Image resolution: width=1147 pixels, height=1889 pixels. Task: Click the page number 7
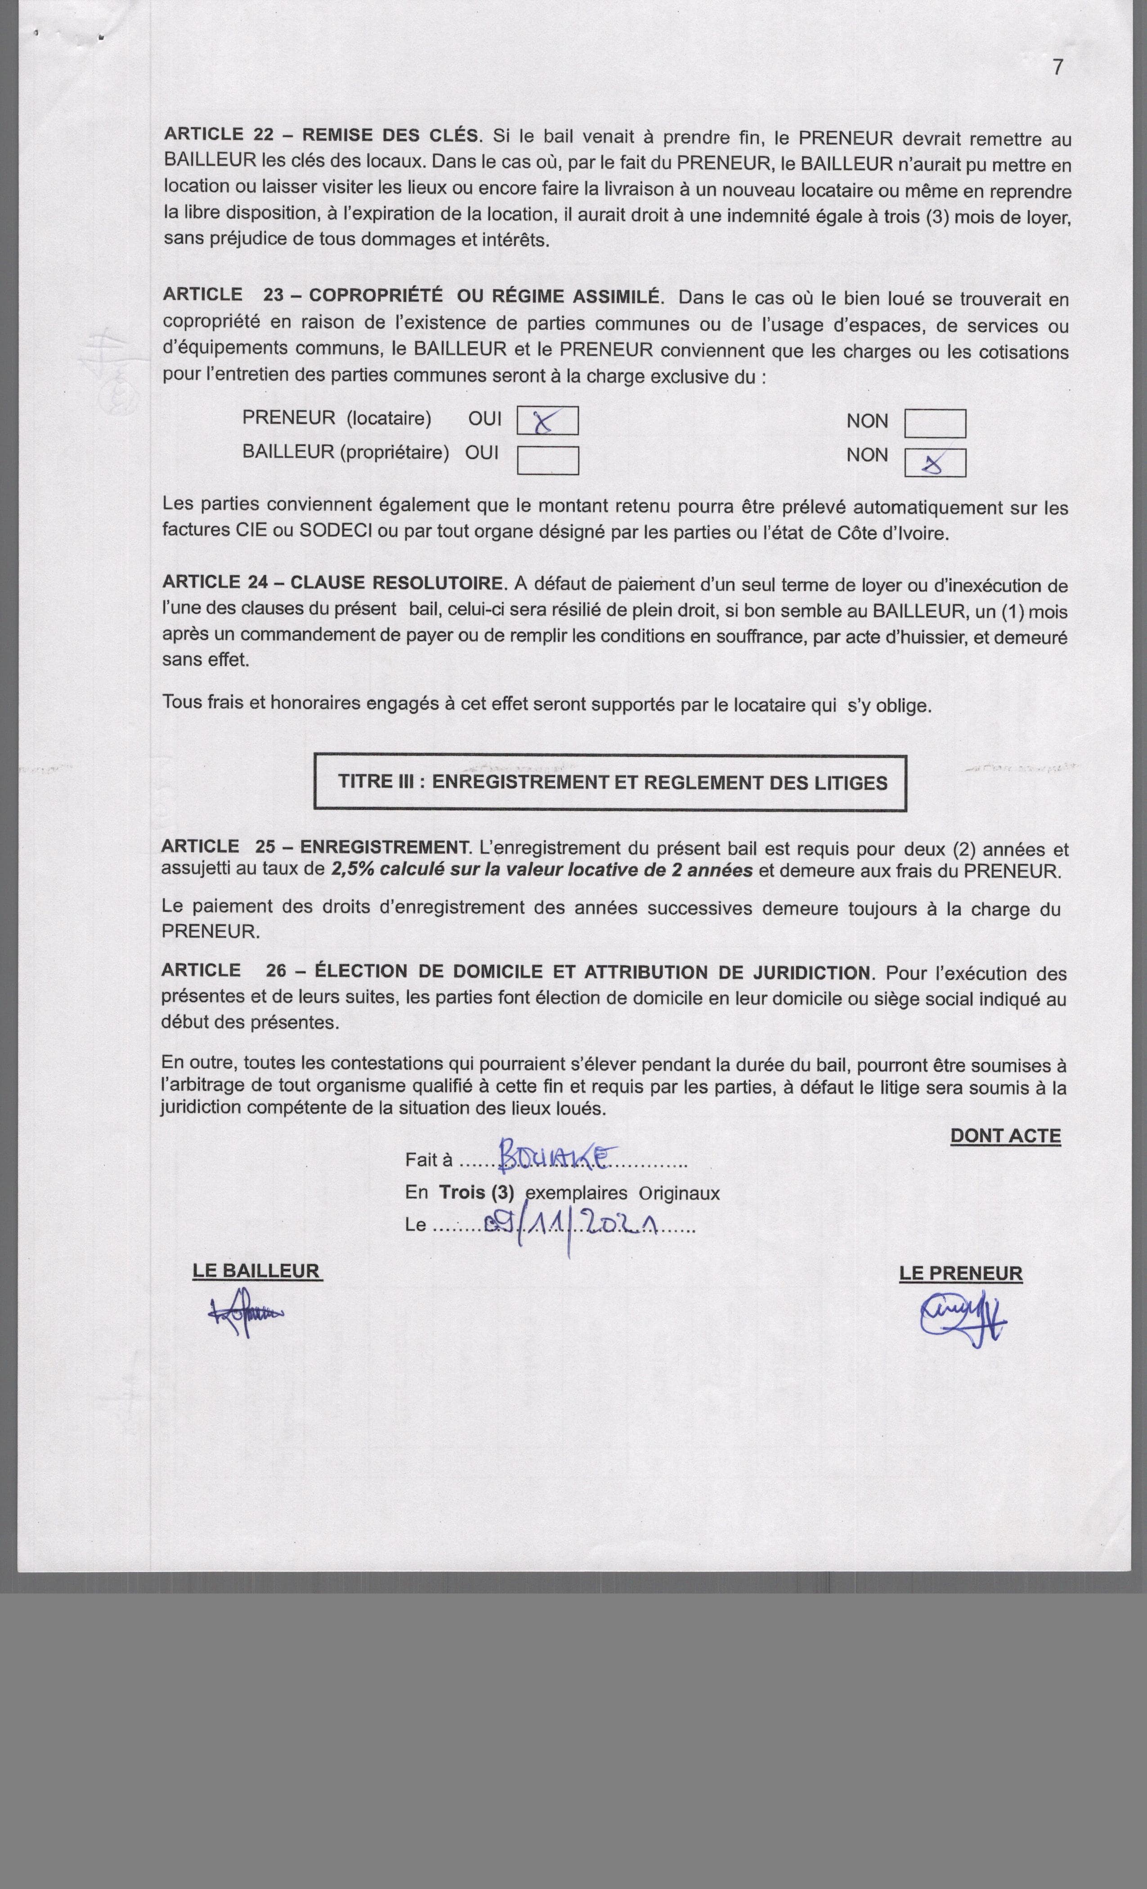(x=1057, y=67)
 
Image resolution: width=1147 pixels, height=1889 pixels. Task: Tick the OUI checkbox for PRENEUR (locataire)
(x=547, y=421)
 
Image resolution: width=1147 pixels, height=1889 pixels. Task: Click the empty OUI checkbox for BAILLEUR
(x=547, y=460)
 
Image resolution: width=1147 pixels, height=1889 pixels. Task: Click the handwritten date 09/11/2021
(x=575, y=1225)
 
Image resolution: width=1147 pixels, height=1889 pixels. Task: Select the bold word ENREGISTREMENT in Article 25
(x=383, y=847)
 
